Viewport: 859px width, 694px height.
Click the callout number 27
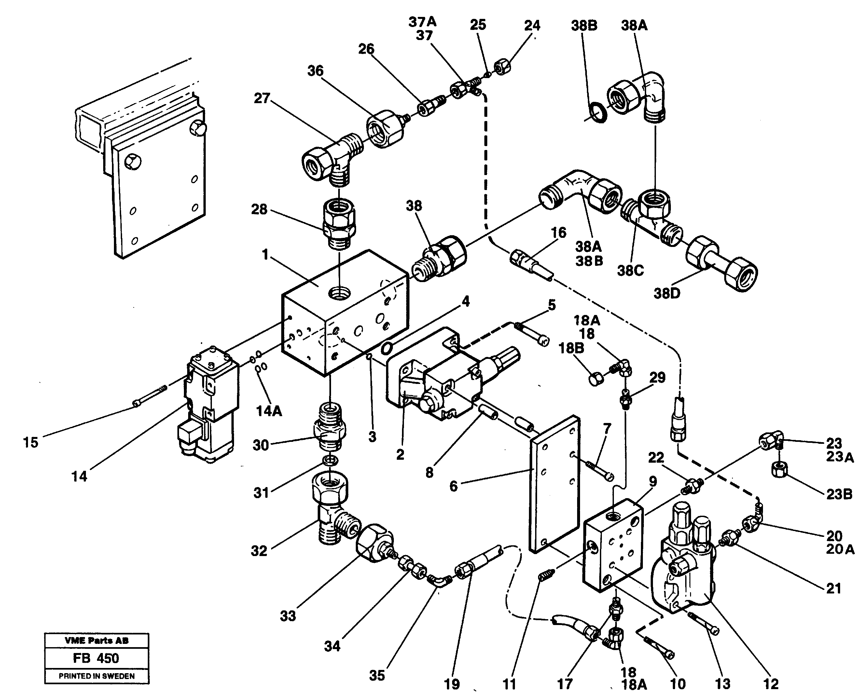[x=262, y=98]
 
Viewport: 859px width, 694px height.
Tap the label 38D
[x=667, y=293]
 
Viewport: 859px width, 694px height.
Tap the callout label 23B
[x=839, y=494]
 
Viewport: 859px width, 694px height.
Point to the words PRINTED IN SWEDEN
[x=96, y=676]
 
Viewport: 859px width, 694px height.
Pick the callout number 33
[x=287, y=616]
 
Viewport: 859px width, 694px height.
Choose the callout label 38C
[x=630, y=271]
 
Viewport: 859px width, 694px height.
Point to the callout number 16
[x=558, y=232]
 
